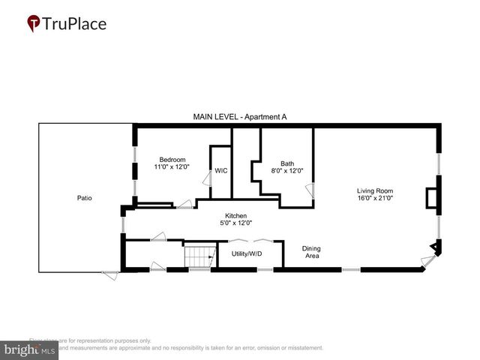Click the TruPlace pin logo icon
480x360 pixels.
coord(33,23)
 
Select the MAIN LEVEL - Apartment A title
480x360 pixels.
coord(240,117)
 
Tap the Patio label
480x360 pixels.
coord(85,198)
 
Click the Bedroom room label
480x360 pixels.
coord(172,159)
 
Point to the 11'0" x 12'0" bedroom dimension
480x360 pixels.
coord(172,166)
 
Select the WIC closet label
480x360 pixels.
coord(220,171)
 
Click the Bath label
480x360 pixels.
coord(287,163)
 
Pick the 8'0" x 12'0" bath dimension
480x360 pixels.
coord(287,171)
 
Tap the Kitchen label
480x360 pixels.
coord(235,215)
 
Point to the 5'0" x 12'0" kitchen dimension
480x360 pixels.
coord(235,223)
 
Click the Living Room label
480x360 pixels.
coord(374,190)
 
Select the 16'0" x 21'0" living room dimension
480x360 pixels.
coord(374,199)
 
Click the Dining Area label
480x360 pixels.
coord(310,252)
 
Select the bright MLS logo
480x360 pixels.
coord(30,349)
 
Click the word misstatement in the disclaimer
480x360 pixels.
coord(302,348)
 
